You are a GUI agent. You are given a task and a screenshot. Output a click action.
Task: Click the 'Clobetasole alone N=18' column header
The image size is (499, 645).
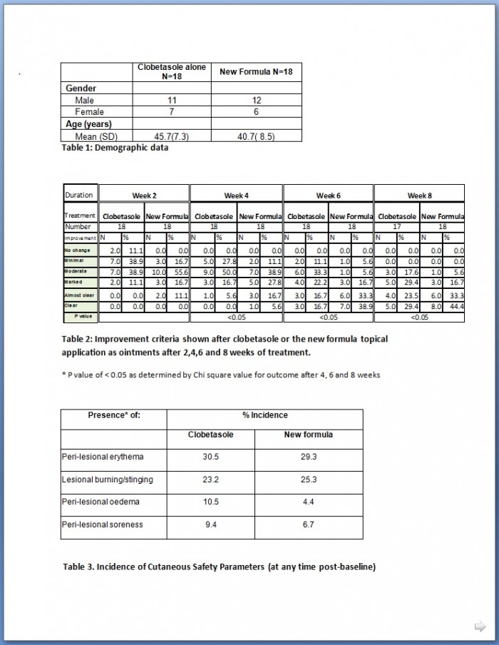172,71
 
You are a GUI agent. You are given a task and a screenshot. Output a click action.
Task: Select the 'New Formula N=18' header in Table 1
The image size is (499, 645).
256,71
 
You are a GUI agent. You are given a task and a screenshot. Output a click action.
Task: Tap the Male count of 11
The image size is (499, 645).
171,101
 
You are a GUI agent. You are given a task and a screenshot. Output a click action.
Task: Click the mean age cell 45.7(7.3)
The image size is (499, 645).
171,136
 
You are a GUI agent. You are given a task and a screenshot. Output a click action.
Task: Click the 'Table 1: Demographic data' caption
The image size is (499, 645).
115,148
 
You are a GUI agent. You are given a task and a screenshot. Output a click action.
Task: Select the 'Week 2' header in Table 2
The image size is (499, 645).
144,195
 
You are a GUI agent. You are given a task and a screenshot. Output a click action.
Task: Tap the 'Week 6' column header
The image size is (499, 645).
328,195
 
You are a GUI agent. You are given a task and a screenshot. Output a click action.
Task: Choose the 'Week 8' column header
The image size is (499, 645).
419,195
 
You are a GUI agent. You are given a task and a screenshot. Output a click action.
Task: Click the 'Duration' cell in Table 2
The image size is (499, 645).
79,195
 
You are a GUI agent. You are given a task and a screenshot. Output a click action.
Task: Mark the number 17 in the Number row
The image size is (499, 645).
397,226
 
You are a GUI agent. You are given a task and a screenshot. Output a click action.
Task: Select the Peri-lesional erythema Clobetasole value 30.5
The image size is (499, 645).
210,457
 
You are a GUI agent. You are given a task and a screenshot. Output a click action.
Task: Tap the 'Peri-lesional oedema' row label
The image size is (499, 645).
101,502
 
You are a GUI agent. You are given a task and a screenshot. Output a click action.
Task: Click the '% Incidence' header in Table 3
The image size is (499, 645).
264,415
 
